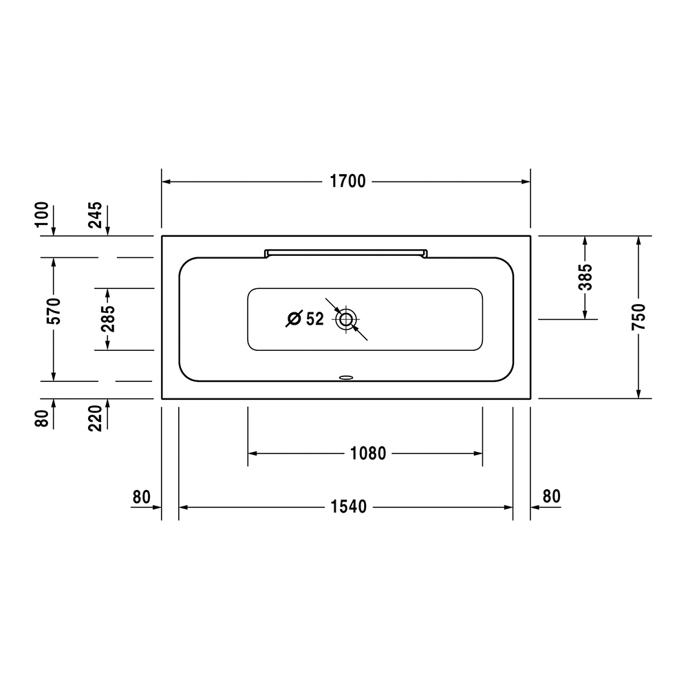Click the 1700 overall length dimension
click(347, 181)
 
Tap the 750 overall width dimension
click(639, 316)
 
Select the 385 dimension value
click(585, 277)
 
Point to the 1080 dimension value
click(367, 453)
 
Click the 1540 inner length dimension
click(348, 507)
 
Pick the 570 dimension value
click(54, 311)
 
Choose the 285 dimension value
click(107, 318)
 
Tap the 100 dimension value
click(42, 214)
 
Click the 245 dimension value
click(95, 215)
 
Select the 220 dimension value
click(95, 418)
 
